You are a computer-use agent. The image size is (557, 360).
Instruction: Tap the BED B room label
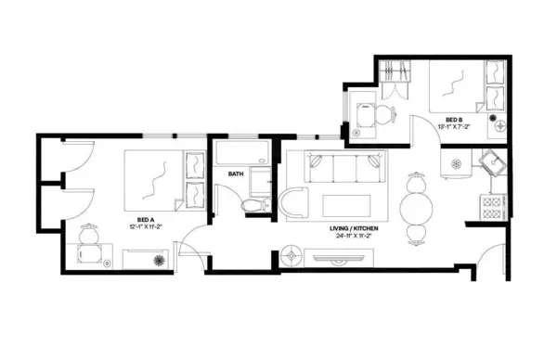tap(453, 120)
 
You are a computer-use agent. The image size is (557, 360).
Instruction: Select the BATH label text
tap(236, 173)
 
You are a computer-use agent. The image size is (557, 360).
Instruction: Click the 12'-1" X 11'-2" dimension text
tap(145, 226)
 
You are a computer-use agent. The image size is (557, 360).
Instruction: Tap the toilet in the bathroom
tap(252, 203)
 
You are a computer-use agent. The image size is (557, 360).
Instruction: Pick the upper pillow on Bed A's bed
tap(196, 166)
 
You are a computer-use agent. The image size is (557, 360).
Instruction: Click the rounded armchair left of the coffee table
tap(298, 203)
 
